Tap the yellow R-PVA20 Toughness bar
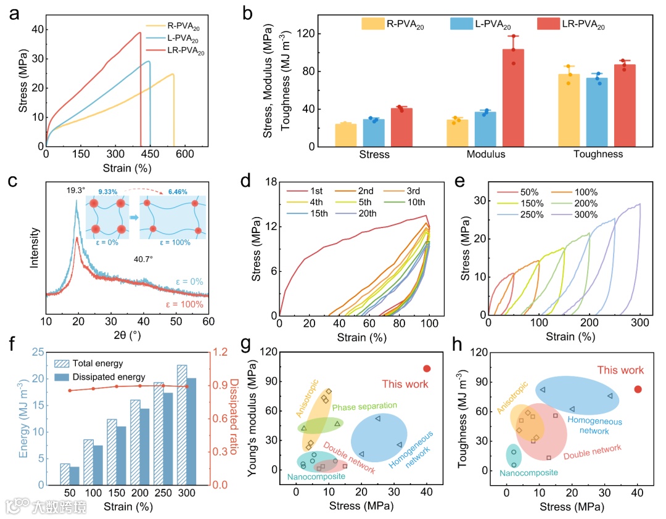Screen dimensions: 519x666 coord(569,110)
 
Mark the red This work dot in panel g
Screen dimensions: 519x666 coord(427,369)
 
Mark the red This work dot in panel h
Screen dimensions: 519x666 coord(638,389)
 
